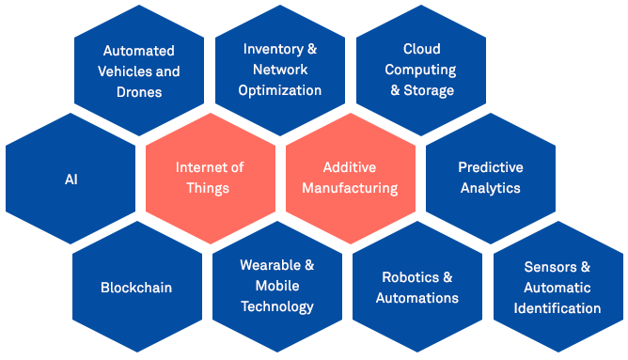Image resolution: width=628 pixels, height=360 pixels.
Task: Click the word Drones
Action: coord(139,92)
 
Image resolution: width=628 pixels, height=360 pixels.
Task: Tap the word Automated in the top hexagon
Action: coord(138,51)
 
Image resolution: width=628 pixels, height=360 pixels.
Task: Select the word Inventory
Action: coord(274,49)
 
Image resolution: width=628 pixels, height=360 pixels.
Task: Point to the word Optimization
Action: coord(280,90)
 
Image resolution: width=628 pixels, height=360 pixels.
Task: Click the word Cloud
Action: coord(422,49)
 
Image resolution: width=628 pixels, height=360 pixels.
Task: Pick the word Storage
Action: coord(429,90)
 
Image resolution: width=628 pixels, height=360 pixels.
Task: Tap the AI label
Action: coord(71,180)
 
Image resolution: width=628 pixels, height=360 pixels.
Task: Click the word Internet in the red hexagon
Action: coord(198,167)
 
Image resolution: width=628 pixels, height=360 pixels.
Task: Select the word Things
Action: coord(208,188)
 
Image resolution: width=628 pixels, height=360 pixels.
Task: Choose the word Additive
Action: coord(350,167)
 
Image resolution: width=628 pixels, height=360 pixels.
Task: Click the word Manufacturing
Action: coord(350,188)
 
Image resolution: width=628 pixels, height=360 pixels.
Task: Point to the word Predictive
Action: coord(491,167)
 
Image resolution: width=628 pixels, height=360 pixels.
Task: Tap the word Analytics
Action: coord(490,188)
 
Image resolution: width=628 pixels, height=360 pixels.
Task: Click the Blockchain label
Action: coord(136,288)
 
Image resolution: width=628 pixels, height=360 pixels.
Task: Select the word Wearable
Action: coord(271,265)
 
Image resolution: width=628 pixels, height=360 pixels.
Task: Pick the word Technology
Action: coord(277,306)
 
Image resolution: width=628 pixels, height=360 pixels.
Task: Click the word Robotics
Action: coord(411,277)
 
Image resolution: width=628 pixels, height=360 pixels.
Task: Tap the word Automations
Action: coord(416,298)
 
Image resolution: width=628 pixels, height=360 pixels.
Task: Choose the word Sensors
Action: coord(551,267)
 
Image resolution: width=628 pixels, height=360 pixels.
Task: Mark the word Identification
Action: coord(557,308)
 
